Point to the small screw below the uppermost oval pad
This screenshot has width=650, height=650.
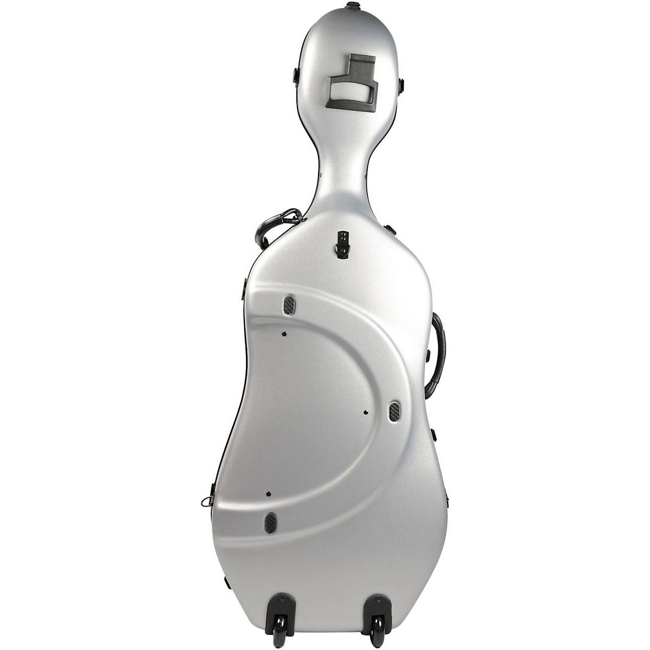[x=283, y=333]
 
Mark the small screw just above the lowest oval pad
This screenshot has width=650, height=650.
[x=268, y=494]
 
